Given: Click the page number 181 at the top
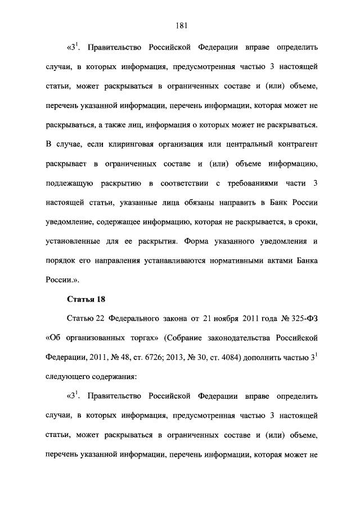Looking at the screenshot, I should (181, 25).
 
